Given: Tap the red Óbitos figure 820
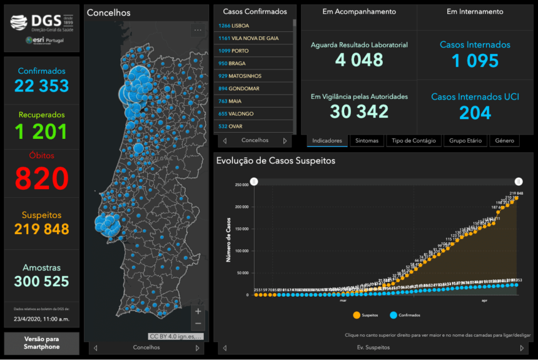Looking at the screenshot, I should pyautogui.click(x=42, y=178).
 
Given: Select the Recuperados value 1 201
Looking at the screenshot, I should pyautogui.click(x=42, y=131).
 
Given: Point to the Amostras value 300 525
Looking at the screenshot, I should pyautogui.click(x=42, y=282).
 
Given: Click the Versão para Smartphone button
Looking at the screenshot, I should pyautogui.click(x=42, y=344).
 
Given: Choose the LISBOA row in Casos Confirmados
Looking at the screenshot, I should pyautogui.click(x=253, y=26).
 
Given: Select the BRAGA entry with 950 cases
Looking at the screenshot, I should pyautogui.click(x=253, y=63).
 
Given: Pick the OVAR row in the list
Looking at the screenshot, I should pyautogui.click(x=253, y=126).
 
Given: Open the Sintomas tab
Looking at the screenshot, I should pyautogui.click(x=367, y=141).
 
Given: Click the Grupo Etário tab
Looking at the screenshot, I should pyautogui.click(x=465, y=141).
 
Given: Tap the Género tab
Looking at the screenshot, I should pyautogui.click(x=504, y=141).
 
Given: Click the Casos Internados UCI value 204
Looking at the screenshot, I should pyautogui.click(x=475, y=112).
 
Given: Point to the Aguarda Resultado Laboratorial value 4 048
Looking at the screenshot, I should pyautogui.click(x=359, y=60).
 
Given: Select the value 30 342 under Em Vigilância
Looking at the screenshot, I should pyautogui.click(x=359, y=111).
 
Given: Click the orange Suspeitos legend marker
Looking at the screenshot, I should pyautogui.click(x=357, y=315).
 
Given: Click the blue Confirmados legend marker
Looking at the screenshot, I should pyautogui.click(x=393, y=315).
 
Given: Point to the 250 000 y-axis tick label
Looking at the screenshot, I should pyautogui.click(x=241, y=185).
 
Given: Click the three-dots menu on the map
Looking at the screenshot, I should pyautogui.click(x=198, y=29).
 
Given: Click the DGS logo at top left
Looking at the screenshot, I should pyautogui.click(x=41, y=23).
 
